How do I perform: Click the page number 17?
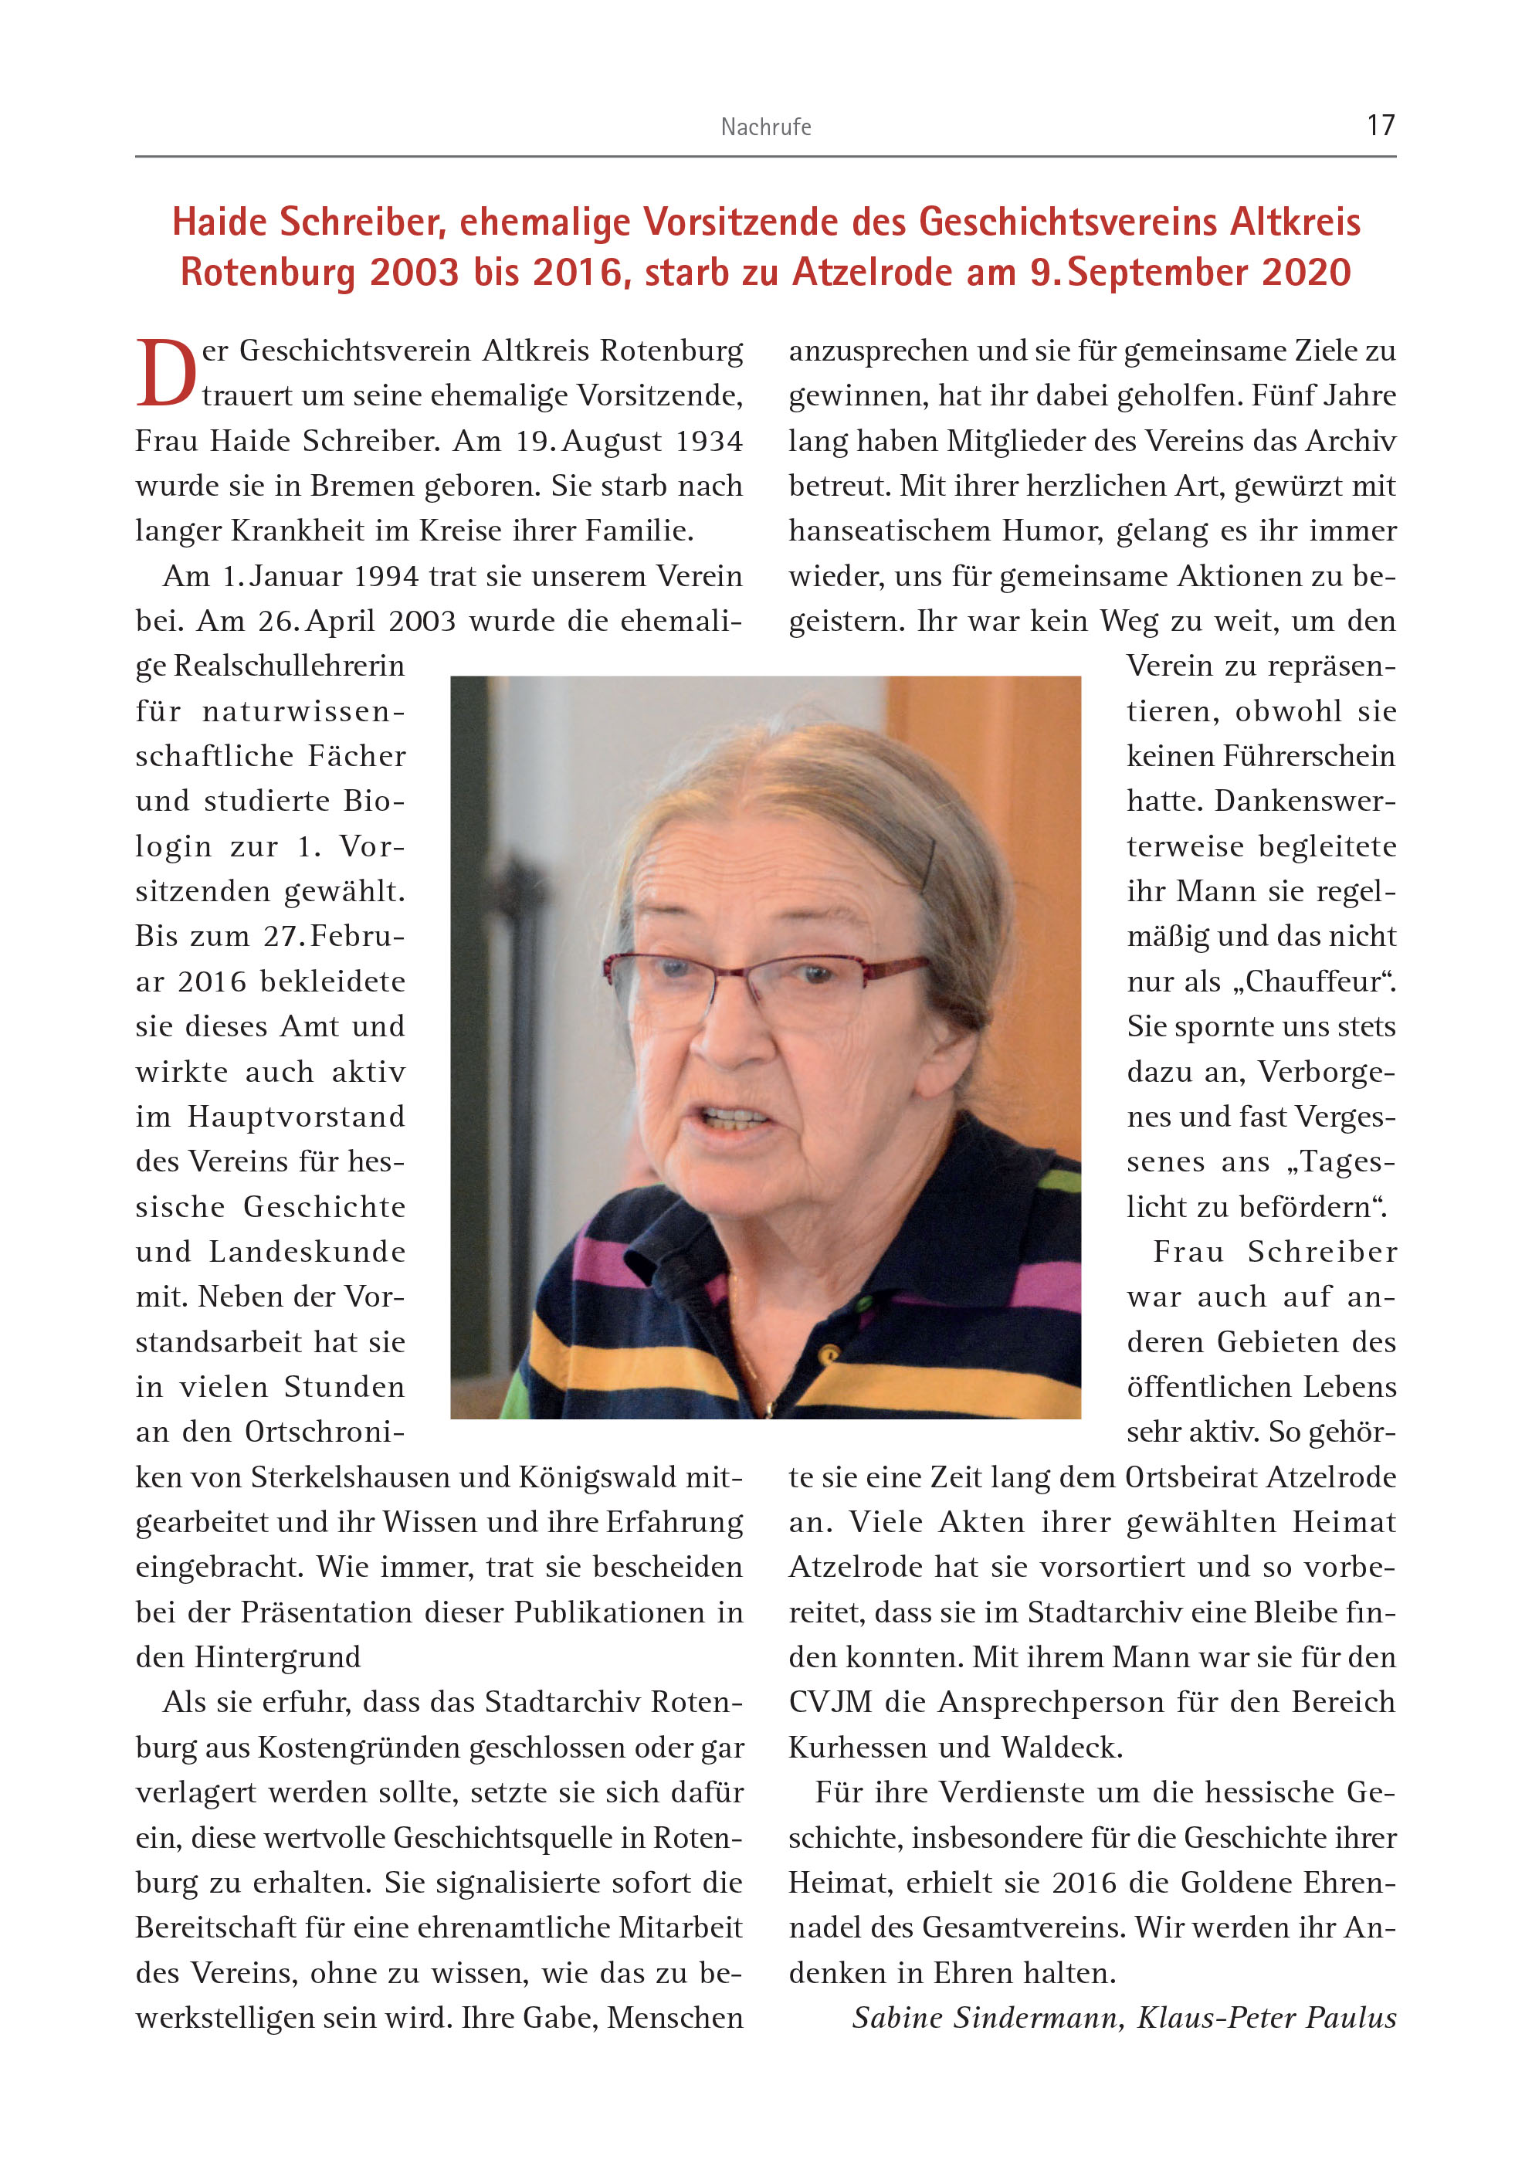1380,125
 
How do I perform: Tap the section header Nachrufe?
765,127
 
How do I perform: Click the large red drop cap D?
166,374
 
